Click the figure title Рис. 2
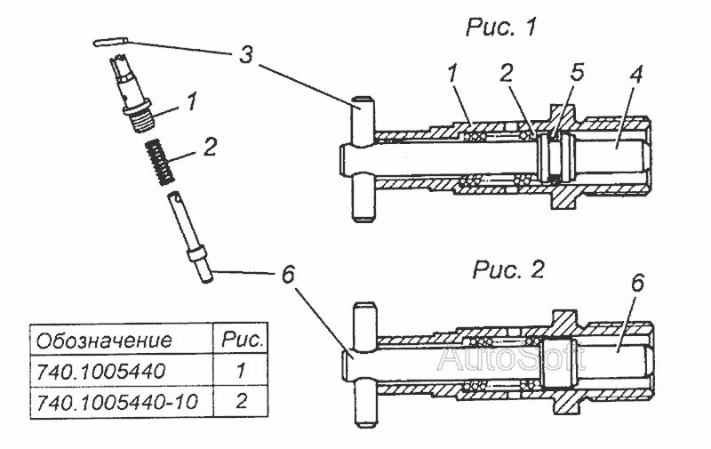tap(507, 270)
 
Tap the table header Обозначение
tap(104, 341)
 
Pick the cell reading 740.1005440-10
tap(117, 402)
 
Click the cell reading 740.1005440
tap(100, 372)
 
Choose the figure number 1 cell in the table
tap(241, 372)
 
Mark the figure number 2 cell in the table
tap(241, 402)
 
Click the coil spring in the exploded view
tap(159, 162)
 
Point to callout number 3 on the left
tap(245, 56)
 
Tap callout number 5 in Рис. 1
tap(577, 73)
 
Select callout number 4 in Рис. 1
tap(636, 75)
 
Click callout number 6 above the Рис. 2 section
tap(637, 284)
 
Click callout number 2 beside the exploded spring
tap(210, 147)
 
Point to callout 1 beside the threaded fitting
tap(192, 101)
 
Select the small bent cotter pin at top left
tap(111, 42)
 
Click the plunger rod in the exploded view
tap(190, 237)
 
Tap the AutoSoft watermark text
tap(513, 357)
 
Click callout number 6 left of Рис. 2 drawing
tap(287, 275)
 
